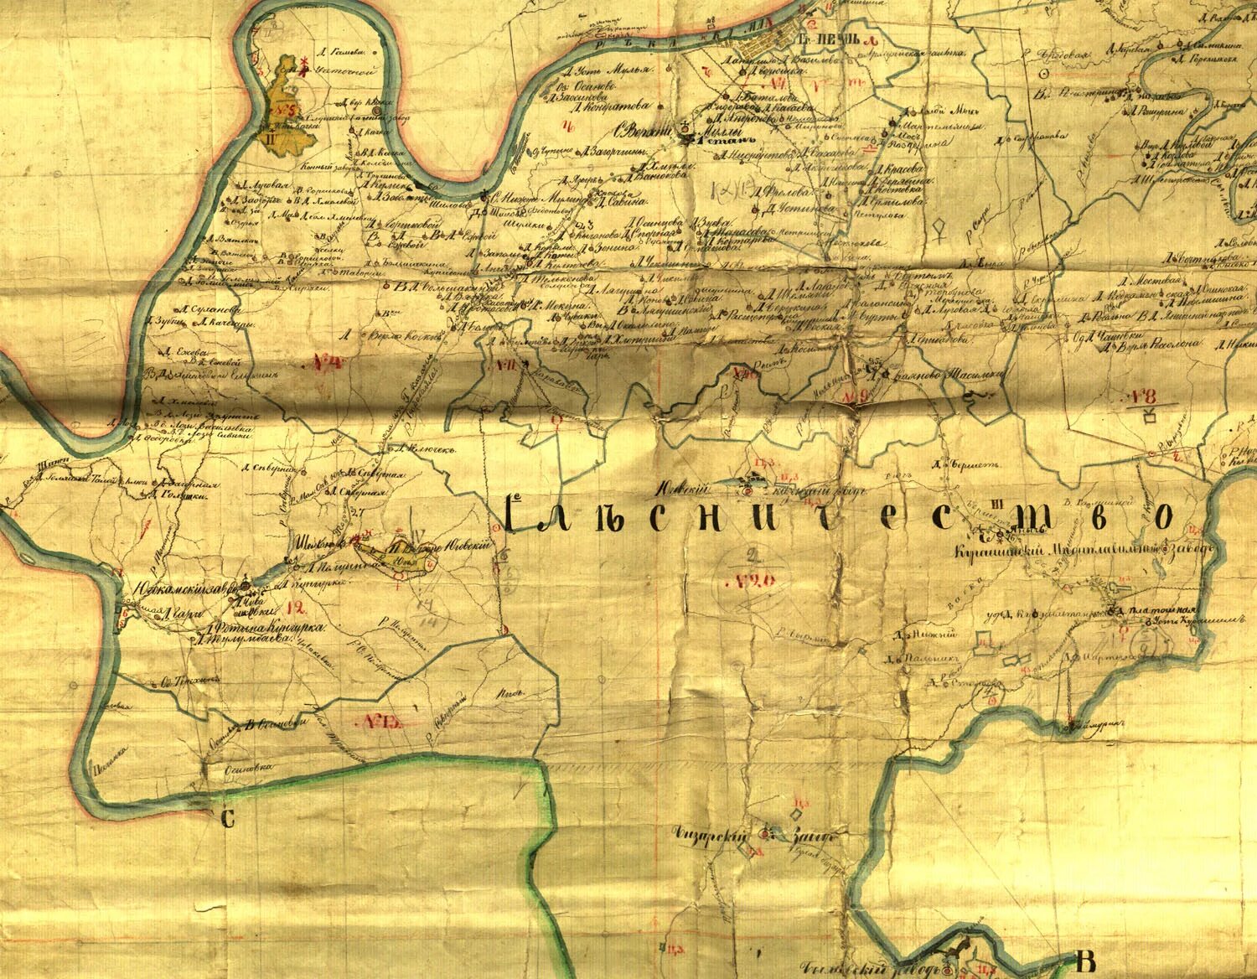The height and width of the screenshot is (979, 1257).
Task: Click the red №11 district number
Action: (505, 365)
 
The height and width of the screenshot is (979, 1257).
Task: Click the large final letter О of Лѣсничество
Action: (1161, 517)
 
